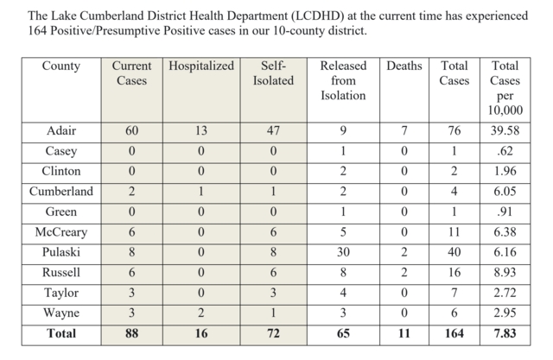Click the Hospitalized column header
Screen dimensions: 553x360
201,66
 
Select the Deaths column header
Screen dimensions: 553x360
404,66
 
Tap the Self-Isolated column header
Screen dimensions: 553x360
273,73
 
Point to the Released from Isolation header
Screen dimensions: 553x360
343,80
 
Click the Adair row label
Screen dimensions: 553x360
61,130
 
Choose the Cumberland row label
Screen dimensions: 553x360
61,192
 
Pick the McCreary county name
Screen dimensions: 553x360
61,231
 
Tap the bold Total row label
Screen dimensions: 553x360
61,333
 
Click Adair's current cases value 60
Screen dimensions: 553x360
131,130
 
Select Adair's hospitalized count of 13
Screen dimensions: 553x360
201,130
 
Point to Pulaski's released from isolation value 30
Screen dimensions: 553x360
343,252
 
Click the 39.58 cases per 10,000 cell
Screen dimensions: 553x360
505,130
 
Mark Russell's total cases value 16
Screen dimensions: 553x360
454,272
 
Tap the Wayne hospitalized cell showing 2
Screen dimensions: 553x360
201,313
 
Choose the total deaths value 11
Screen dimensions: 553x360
404,333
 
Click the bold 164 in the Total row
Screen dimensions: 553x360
454,333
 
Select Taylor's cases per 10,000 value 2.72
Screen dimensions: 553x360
505,293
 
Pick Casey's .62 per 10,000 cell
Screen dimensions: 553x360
505,151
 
